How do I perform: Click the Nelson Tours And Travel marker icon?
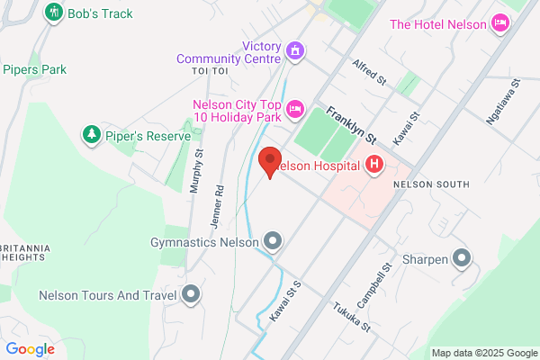click(191, 294)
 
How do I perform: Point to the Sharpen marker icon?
click(463, 259)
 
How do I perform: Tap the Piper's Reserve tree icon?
click(90, 135)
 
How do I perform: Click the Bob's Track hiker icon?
click(53, 13)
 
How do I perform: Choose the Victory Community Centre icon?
click(293, 49)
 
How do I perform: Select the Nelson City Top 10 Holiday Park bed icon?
click(294, 111)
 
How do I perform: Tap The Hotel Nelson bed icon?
click(500, 24)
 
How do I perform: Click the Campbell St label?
click(389, 281)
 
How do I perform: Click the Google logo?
click(31, 349)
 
